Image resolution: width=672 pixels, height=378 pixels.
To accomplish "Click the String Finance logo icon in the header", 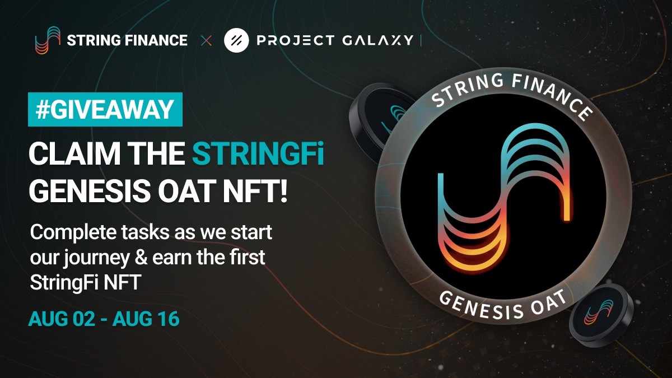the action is [x=48, y=40].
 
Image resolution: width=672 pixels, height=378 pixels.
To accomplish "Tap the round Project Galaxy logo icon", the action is [x=236, y=40].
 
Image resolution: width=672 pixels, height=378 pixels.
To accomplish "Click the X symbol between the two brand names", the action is [x=206, y=40].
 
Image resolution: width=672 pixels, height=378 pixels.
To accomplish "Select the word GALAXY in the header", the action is [x=377, y=40].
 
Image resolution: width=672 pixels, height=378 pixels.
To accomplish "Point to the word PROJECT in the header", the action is [x=295, y=40].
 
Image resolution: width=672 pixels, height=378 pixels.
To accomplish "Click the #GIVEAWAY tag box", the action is [x=105, y=109].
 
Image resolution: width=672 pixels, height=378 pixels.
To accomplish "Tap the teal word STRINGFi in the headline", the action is [x=258, y=153].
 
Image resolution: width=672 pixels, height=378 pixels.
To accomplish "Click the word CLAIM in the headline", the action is [x=74, y=153].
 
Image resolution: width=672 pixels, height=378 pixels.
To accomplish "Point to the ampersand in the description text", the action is [x=141, y=258].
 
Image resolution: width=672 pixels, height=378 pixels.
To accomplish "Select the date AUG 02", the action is [x=62, y=319].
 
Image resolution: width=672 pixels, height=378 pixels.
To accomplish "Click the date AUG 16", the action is [x=146, y=319].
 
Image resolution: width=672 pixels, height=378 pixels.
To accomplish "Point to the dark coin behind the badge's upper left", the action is [x=379, y=120].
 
